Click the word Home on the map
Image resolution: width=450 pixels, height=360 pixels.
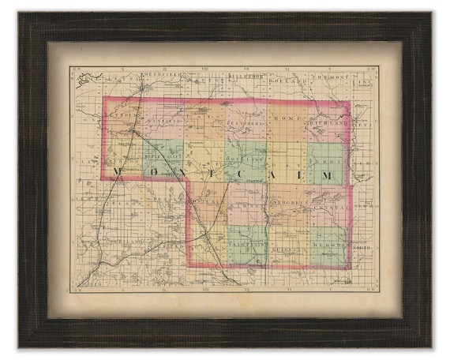(283, 118)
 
